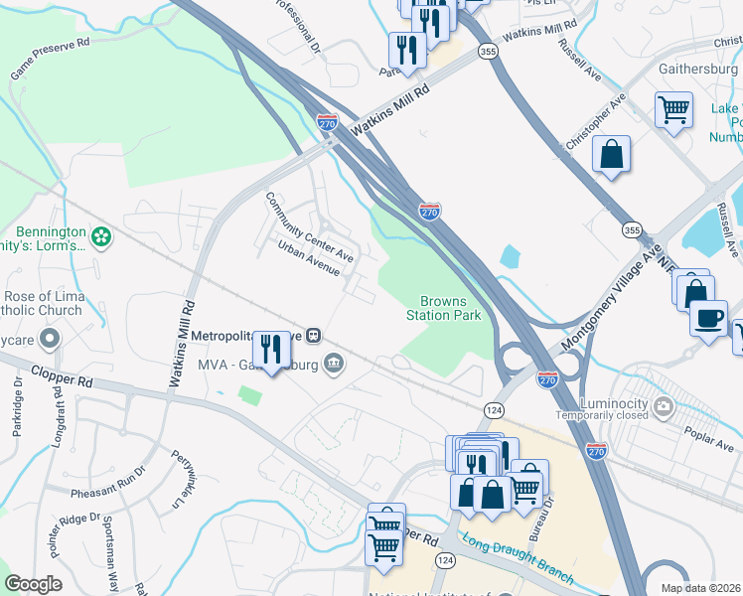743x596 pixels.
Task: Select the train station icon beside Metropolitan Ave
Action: tap(312, 336)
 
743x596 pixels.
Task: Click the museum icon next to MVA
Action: tap(334, 364)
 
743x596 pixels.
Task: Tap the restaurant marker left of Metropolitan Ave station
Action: tap(271, 348)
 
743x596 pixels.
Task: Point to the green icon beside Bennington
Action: tap(99, 236)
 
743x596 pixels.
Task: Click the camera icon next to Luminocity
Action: tap(664, 405)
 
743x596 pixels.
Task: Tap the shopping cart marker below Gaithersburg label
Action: tap(673, 110)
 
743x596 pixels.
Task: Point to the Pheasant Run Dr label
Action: tap(108, 492)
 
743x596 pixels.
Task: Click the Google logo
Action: tap(33, 583)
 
